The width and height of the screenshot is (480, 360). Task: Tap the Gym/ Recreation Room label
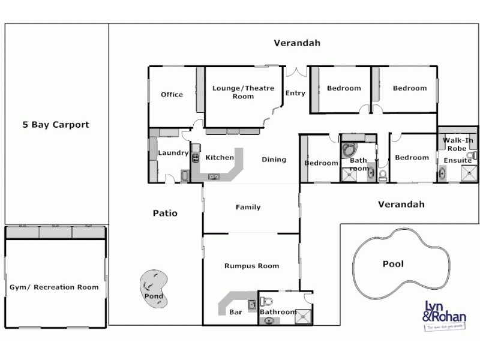(x=54, y=287)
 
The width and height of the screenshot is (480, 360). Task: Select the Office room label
(x=172, y=95)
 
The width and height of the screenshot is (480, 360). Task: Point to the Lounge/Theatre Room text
(x=243, y=92)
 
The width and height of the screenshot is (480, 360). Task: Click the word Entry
(x=295, y=93)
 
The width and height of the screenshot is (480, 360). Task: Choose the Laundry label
(x=173, y=153)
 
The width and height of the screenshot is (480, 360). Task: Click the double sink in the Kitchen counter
(x=214, y=176)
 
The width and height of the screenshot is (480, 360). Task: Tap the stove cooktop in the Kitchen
(x=196, y=157)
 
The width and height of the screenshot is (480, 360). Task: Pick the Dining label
(x=274, y=160)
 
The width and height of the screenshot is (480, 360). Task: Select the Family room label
(x=248, y=208)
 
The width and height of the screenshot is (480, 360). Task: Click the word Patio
(x=165, y=213)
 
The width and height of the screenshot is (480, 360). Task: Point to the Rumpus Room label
(x=251, y=266)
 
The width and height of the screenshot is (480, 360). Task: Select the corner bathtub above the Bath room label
(x=349, y=149)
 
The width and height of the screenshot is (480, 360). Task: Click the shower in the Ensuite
(x=467, y=174)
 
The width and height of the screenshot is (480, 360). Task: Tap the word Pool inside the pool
(x=393, y=264)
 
